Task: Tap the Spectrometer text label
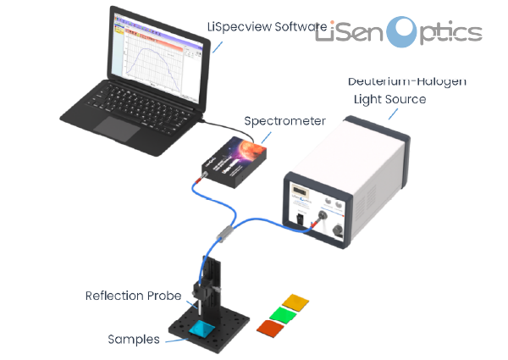(284, 121)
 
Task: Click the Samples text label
(134, 340)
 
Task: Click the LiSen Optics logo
(398, 32)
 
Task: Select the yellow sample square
(298, 302)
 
